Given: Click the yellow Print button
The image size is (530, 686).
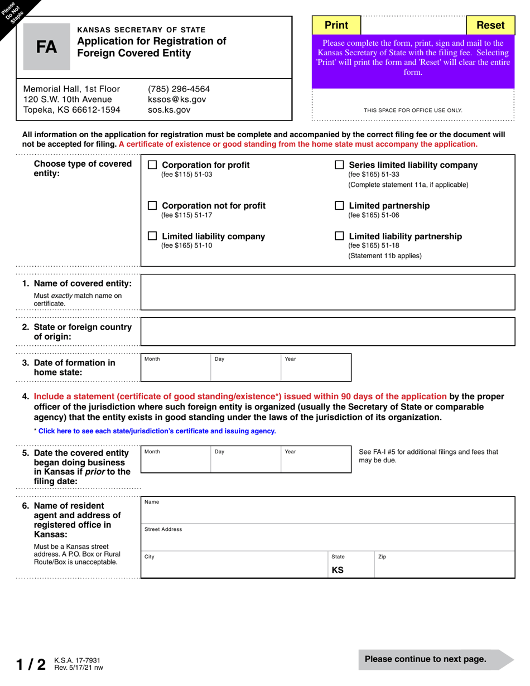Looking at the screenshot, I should [x=336, y=25].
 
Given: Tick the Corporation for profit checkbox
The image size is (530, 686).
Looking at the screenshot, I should [x=152, y=165].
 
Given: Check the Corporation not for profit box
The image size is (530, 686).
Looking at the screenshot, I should [x=152, y=206].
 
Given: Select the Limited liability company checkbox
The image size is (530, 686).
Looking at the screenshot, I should [x=152, y=236].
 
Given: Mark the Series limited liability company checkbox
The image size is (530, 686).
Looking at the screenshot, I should [x=339, y=165].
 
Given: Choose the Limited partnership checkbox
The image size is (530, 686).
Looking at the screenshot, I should [x=339, y=206].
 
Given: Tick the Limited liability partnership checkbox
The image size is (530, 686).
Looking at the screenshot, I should [x=339, y=236].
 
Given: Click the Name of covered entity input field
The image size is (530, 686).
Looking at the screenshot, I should [x=327, y=292].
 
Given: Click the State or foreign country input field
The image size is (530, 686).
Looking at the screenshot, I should [x=327, y=332].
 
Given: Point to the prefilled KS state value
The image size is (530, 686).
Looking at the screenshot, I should [x=338, y=570].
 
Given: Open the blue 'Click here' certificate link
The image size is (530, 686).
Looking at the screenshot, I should [x=157, y=431].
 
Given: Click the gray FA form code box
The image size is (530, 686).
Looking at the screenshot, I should [x=47, y=47].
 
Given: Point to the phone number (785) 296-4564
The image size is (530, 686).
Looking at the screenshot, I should [x=179, y=89].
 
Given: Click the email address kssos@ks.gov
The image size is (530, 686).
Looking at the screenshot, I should [x=176, y=99].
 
